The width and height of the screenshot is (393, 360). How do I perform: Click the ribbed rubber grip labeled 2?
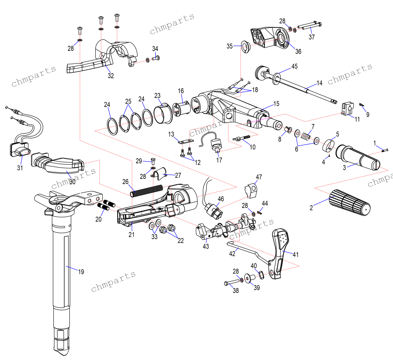[350, 202]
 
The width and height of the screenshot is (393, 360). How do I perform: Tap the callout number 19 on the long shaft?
[81, 272]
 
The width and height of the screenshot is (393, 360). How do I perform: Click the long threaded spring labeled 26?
[147, 191]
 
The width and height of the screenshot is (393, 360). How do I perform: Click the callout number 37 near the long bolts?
[312, 37]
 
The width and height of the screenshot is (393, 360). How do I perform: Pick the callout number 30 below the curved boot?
[72, 182]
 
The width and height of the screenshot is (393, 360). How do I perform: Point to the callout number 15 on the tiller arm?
[276, 103]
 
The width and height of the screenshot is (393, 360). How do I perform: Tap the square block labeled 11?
[347, 109]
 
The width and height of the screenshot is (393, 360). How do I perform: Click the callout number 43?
[206, 246]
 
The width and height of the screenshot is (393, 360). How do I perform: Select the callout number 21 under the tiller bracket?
[131, 234]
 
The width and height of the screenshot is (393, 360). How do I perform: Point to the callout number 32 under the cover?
[111, 75]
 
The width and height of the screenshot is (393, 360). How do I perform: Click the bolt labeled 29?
[153, 161]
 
